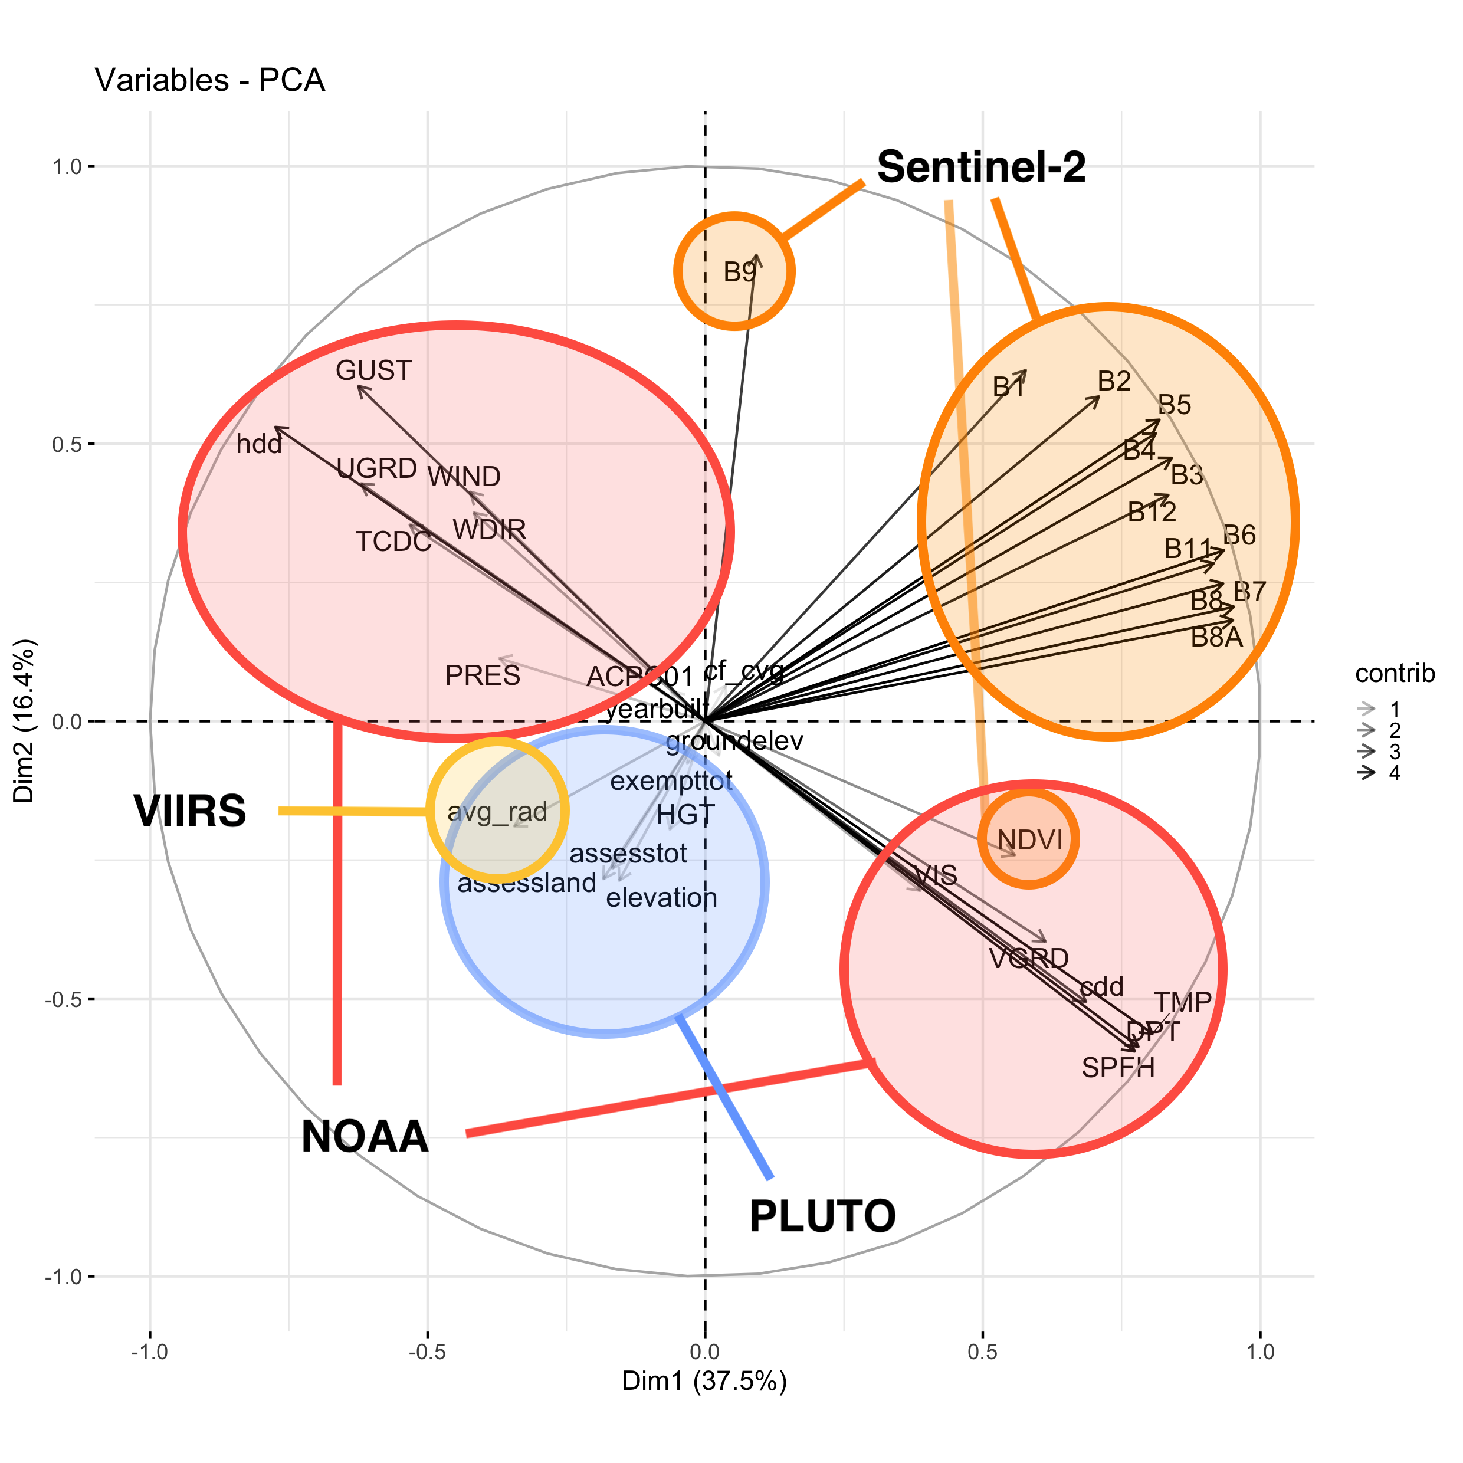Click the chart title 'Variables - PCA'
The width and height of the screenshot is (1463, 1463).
click(x=210, y=80)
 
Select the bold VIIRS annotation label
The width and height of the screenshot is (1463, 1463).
click(x=190, y=811)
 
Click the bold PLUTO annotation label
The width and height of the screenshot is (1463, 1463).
click(x=822, y=1217)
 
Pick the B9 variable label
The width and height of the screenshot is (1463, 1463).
click(x=740, y=272)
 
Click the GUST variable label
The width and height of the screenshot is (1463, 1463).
click(x=373, y=370)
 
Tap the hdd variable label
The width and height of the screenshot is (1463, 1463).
click(x=259, y=444)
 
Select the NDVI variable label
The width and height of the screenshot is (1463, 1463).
click(x=1030, y=840)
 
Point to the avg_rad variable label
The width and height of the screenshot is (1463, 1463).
click(x=497, y=812)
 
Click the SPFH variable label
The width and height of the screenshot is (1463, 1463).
click(x=1118, y=1068)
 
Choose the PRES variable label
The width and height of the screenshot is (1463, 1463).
click(x=483, y=675)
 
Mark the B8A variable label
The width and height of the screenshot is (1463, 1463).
click(x=1217, y=638)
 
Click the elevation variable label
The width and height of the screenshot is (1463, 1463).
click(x=661, y=898)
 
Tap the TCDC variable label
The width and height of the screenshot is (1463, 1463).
click(x=393, y=542)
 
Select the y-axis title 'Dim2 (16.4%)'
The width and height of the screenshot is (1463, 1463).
click(x=24, y=721)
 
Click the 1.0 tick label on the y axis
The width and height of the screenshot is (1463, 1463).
click(x=67, y=166)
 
